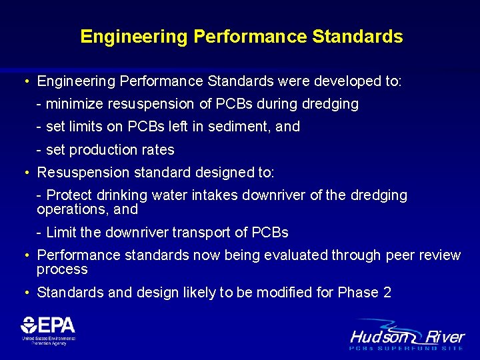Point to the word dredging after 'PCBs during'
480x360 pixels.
pos(330,104)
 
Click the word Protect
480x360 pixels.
pos(69,195)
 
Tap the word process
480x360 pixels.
pos(62,269)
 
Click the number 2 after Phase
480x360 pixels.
pos(387,293)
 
